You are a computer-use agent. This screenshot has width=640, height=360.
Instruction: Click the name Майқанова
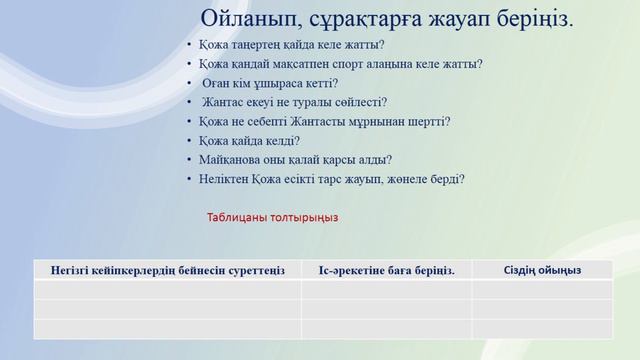[228, 160]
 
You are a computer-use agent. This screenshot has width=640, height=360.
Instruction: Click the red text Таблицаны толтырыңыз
[273, 217]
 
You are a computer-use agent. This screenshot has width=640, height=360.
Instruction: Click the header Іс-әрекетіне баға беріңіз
[386, 269]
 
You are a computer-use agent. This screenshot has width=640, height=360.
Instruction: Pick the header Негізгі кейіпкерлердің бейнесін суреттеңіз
[167, 269]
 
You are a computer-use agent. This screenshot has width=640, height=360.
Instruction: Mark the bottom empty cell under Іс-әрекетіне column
[386, 329]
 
